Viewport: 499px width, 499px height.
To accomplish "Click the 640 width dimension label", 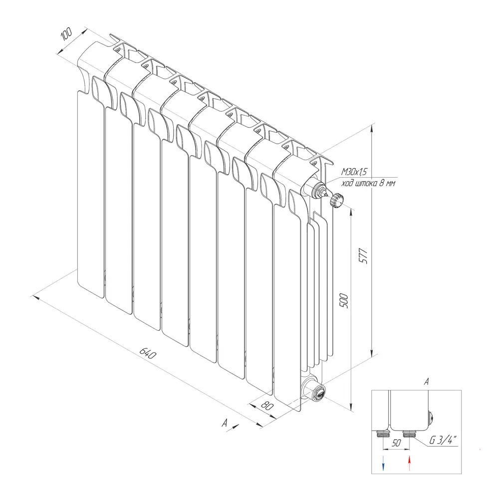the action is [x=148, y=353].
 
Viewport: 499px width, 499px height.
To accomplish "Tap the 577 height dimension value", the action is [x=363, y=256].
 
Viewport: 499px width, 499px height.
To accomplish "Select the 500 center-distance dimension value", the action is [x=344, y=301].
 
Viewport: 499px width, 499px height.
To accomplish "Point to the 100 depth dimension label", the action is [x=67, y=34].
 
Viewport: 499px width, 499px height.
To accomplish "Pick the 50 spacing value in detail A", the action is [x=396, y=443].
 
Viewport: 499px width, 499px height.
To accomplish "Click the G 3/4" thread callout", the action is [x=443, y=440].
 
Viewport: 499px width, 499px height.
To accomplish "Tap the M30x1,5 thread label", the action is [x=354, y=172].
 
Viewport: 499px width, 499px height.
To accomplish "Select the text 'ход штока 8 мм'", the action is [x=368, y=183].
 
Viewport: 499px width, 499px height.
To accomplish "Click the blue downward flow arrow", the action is [x=383, y=463].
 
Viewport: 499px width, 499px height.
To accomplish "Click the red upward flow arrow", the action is [x=409, y=463].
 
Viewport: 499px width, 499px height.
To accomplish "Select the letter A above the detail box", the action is [x=427, y=382].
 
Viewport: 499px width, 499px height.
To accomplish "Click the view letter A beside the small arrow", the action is [x=225, y=423].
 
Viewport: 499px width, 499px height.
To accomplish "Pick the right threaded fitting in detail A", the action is [x=408, y=433].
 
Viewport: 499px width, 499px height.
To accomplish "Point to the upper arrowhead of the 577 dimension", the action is [x=372, y=128].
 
